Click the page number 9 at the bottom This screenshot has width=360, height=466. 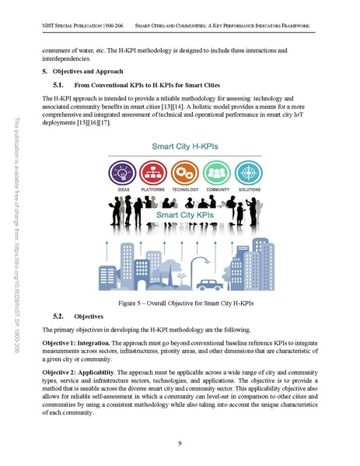pyautogui.click(x=180, y=443)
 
